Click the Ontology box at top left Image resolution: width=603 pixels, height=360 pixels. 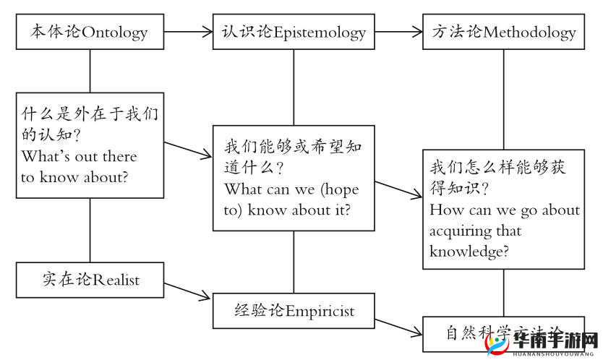point(90,33)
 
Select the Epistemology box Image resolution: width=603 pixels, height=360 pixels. point(294,33)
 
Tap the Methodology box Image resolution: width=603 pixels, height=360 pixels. point(503,33)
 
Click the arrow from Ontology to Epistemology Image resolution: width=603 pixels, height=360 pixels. point(188,32)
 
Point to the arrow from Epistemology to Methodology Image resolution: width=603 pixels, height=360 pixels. point(398,32)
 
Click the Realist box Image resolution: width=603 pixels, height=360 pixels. point(90,280)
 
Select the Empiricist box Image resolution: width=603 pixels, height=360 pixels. point(294,311)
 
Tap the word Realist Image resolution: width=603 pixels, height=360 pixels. point(116,280)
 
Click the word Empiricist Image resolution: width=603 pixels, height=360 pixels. point(320,311)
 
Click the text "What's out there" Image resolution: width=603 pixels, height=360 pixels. point(79,156)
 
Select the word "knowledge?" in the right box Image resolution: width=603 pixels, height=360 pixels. point(469,252)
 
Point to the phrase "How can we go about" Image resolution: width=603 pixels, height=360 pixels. point(505,210)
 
